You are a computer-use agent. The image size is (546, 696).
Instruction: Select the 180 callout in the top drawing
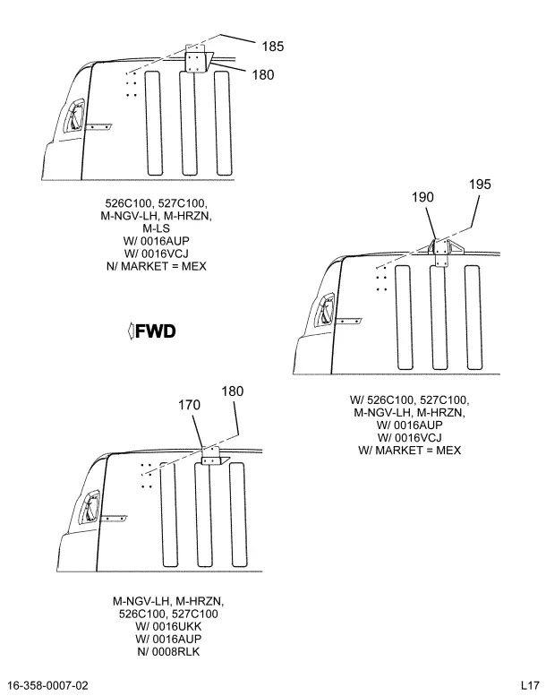coord(262,75)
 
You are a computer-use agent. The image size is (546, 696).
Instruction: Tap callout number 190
coord(422,197)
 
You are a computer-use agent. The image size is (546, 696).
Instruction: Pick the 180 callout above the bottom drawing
coord(232,391)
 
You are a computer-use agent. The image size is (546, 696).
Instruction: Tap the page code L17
coord(527,685)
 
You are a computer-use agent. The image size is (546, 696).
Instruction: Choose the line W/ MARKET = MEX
coord(409,450)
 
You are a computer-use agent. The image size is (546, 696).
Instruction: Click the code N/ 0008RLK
coord(168,651)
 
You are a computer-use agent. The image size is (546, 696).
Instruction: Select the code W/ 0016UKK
coord(168,626)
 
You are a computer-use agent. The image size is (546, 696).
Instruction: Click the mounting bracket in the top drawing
coord(196,61)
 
